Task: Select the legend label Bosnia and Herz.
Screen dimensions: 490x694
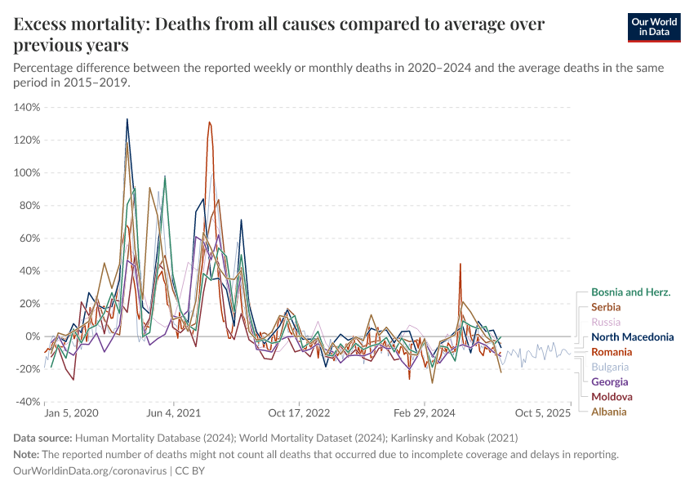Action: pos(630,292)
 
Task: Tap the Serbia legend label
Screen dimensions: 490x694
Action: pos(606,307)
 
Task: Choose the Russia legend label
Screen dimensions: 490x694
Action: pos(605,322)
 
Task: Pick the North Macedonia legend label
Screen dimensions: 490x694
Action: pos(632,336)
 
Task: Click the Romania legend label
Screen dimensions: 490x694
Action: pos(612,352)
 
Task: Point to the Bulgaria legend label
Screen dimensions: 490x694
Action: pos(610,367)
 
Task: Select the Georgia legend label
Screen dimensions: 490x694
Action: pos(609,381)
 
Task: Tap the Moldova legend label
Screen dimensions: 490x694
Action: pos(610,397)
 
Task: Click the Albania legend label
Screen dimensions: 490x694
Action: pos(608,412)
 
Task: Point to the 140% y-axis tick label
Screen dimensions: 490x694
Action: pos(27,107)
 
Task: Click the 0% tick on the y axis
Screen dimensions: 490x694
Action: pos(32,336)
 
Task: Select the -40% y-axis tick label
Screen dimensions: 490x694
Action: pos(27,402)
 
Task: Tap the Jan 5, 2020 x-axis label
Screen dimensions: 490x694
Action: pos(71,414)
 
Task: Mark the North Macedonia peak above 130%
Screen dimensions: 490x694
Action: pos(127,119)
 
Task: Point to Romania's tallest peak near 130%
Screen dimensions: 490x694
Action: pos(210,122)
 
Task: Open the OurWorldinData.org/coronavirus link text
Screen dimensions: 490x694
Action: pos(90,471)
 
